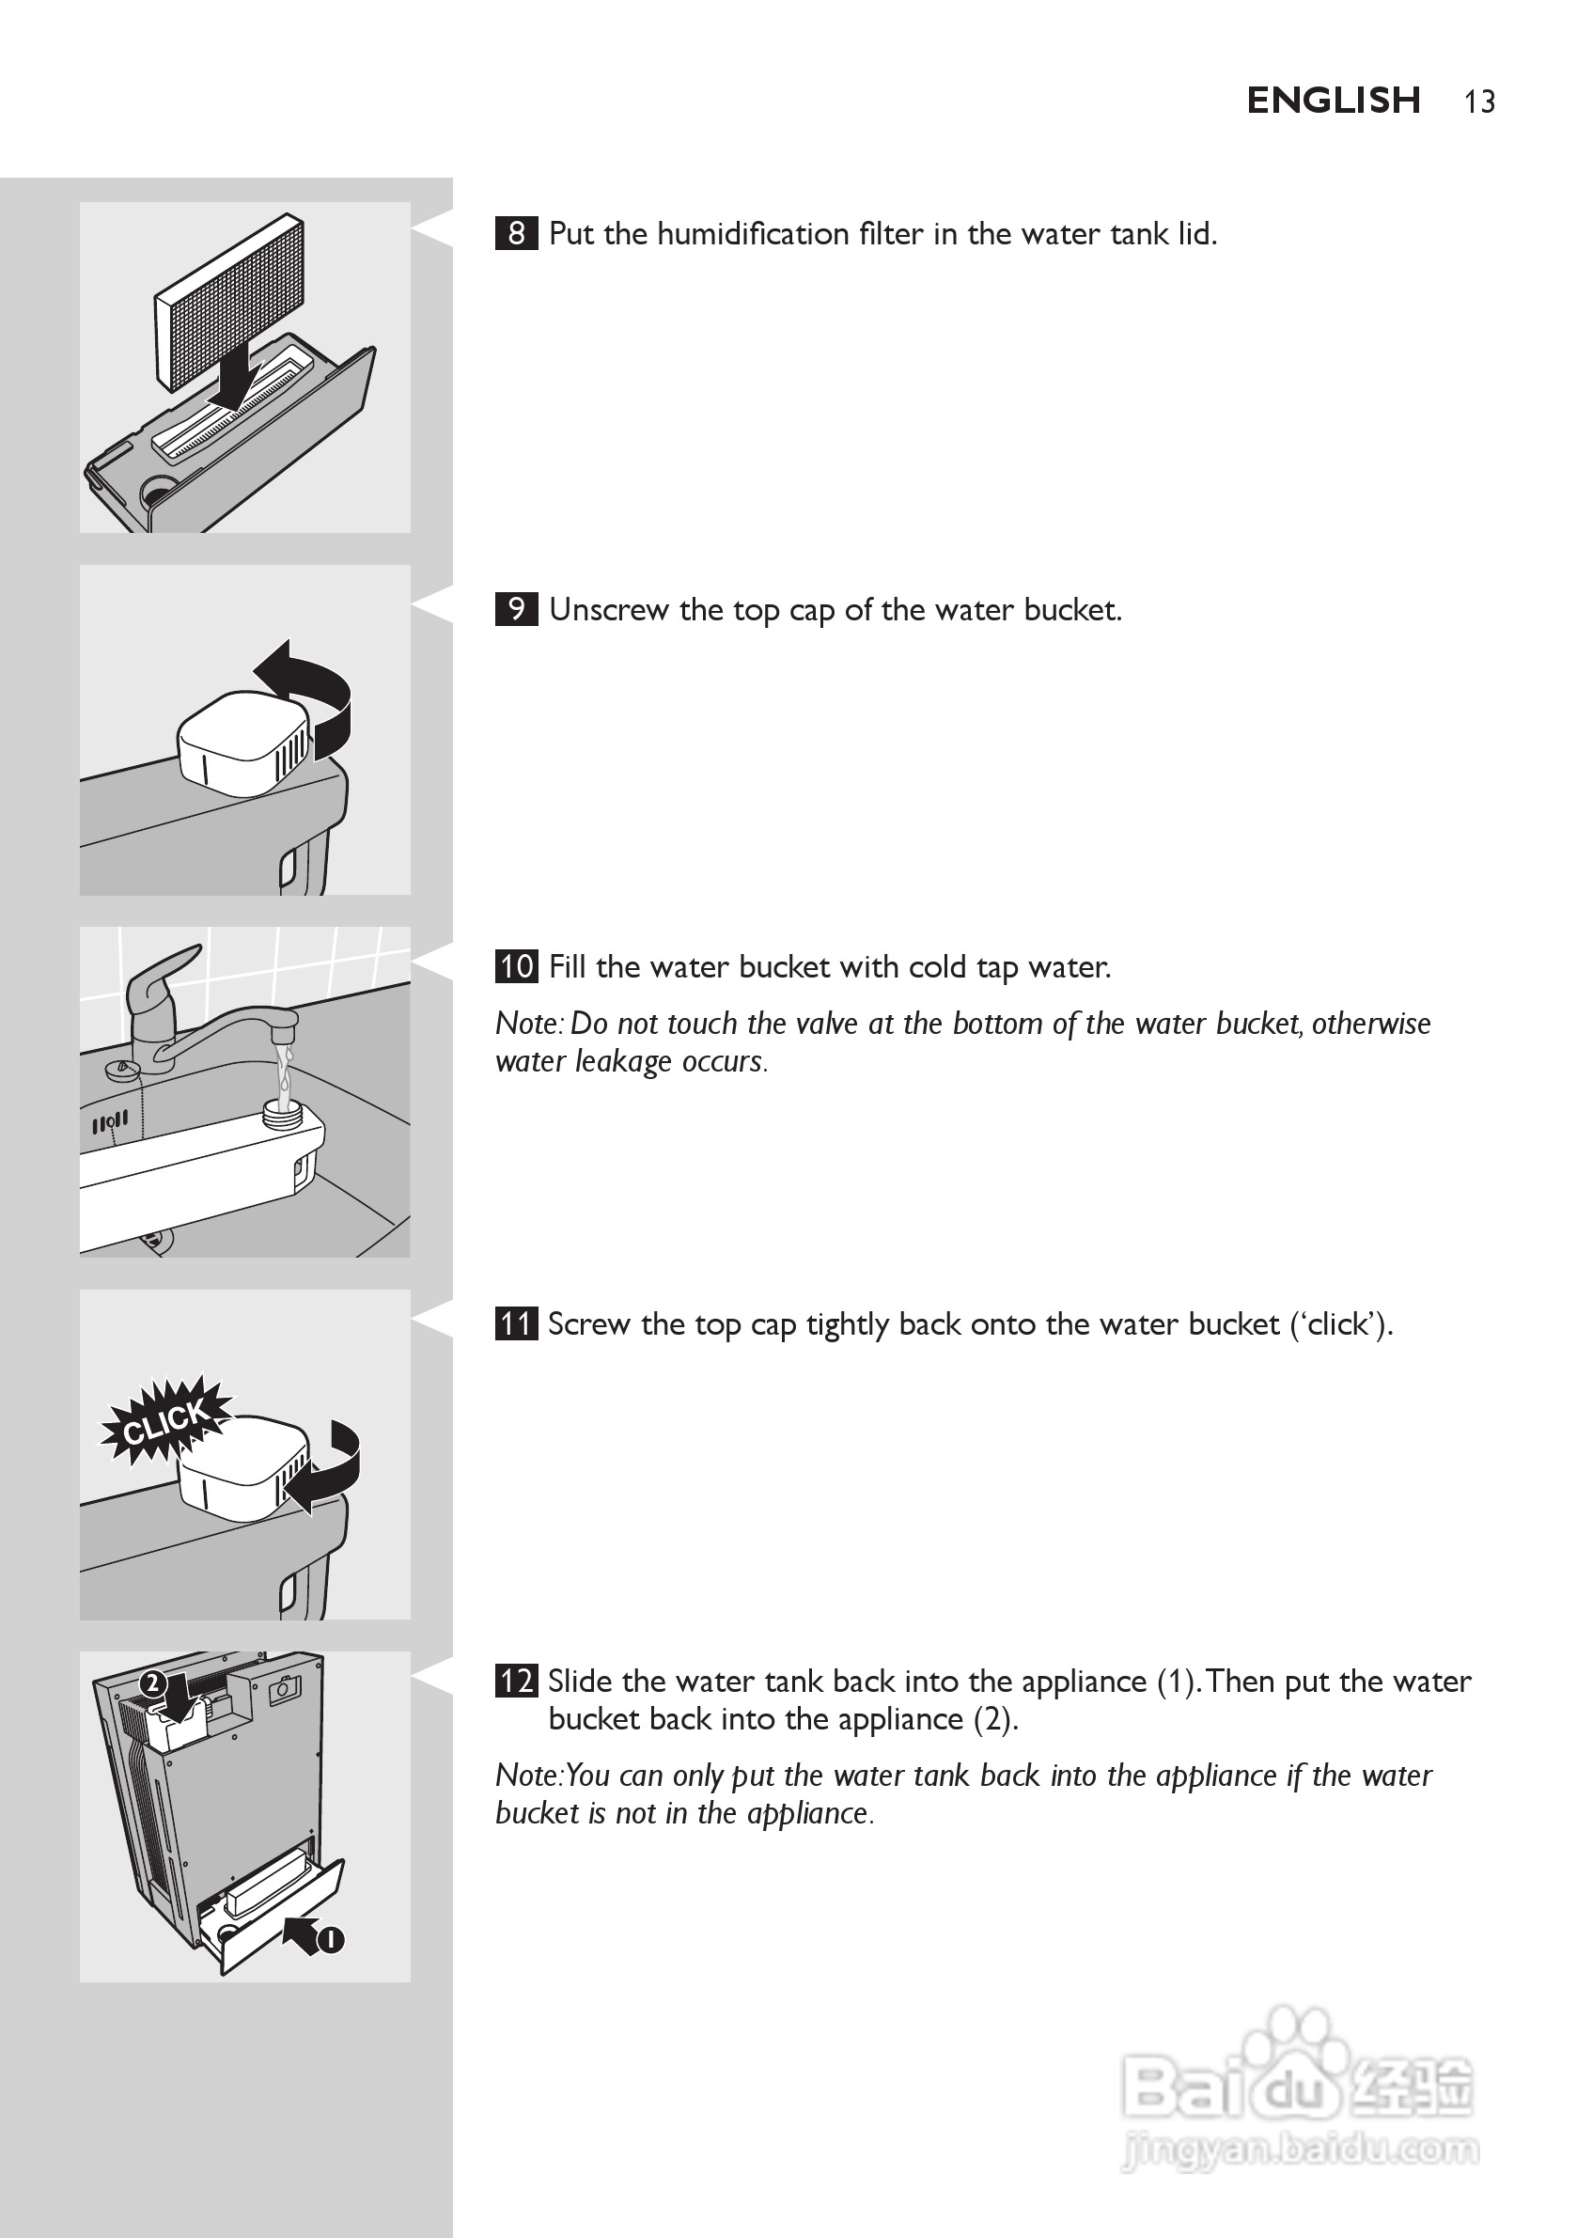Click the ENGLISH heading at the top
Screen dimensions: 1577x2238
click(1333, 101)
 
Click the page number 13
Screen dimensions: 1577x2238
click(1478, 102)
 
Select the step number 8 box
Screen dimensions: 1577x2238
click(516, 234)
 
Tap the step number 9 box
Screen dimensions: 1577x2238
click(516, 609)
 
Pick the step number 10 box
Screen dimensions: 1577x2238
click(516, 966)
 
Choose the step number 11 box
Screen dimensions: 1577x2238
click(516, 1323)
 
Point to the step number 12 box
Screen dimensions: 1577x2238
click(516, 1682)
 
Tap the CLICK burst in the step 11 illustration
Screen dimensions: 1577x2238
click(165, 1421)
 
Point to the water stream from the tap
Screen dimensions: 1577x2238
click(284, 1072)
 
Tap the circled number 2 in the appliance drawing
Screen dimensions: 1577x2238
click(152, 1683)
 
